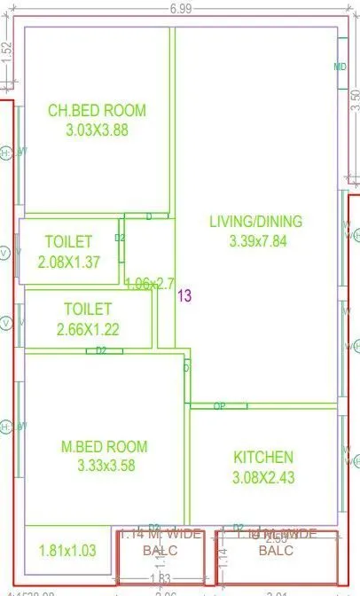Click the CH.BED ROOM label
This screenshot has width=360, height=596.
97,111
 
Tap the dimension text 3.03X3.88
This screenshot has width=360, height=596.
97,129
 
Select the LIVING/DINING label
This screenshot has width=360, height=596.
255,222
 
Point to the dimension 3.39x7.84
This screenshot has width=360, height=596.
255,240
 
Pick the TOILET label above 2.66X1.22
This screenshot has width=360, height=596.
88,310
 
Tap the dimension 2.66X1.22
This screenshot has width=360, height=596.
88,329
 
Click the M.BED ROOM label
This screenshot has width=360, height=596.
105,446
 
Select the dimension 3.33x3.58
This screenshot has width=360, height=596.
105,466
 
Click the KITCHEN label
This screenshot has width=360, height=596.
263,458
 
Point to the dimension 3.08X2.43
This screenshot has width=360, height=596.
263,477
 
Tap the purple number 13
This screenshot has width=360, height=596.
184,296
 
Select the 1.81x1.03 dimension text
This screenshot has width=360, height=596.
67,551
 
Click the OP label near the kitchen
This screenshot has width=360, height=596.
218,406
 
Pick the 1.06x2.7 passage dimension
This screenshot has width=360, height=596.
150,284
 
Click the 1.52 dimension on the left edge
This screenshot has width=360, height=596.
6,52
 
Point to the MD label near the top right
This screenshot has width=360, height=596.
340,67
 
